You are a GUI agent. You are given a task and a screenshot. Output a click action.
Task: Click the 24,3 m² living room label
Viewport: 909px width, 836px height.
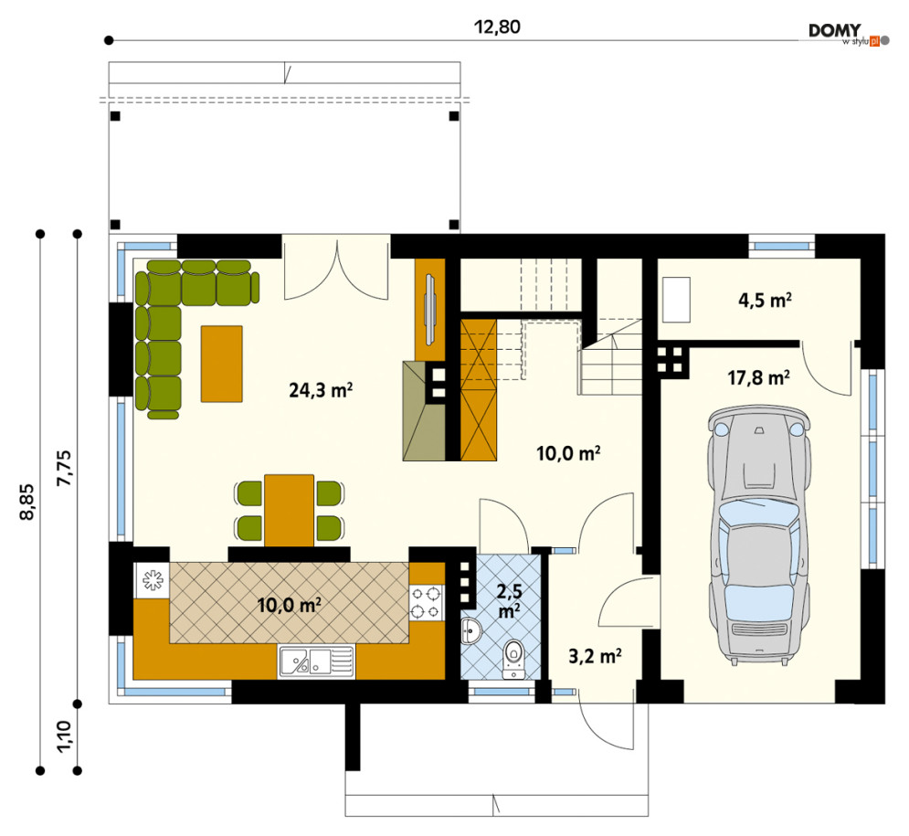321,389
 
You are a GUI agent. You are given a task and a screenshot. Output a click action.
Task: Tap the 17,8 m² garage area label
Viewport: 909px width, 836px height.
758,378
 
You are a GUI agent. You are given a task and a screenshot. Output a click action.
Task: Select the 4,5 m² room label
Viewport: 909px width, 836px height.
765,300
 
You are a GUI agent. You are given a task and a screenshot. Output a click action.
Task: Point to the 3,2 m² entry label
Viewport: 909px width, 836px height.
595,656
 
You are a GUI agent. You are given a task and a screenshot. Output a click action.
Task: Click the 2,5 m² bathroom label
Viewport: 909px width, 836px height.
509,600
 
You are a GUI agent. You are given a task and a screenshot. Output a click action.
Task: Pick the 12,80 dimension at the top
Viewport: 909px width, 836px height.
497,26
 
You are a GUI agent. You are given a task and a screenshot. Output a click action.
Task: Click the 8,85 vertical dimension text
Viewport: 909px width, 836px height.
27,502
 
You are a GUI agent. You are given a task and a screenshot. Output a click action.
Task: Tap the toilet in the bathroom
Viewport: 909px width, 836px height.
513,659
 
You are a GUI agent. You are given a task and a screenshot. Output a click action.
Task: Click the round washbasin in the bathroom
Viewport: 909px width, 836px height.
470,630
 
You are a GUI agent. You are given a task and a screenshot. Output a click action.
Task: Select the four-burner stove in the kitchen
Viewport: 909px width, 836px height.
426,602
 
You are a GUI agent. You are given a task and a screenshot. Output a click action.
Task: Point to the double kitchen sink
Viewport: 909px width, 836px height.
316,661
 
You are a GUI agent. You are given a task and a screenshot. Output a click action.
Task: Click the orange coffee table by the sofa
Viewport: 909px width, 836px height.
221,364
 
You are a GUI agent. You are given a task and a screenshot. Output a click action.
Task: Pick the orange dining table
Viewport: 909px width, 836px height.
289,511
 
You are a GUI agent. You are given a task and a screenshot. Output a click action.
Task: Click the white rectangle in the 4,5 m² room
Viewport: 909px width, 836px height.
677,300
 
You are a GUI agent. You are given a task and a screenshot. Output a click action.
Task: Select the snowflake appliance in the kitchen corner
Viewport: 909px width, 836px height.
152,580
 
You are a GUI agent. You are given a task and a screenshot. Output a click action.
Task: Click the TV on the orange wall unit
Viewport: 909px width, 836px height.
429,310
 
